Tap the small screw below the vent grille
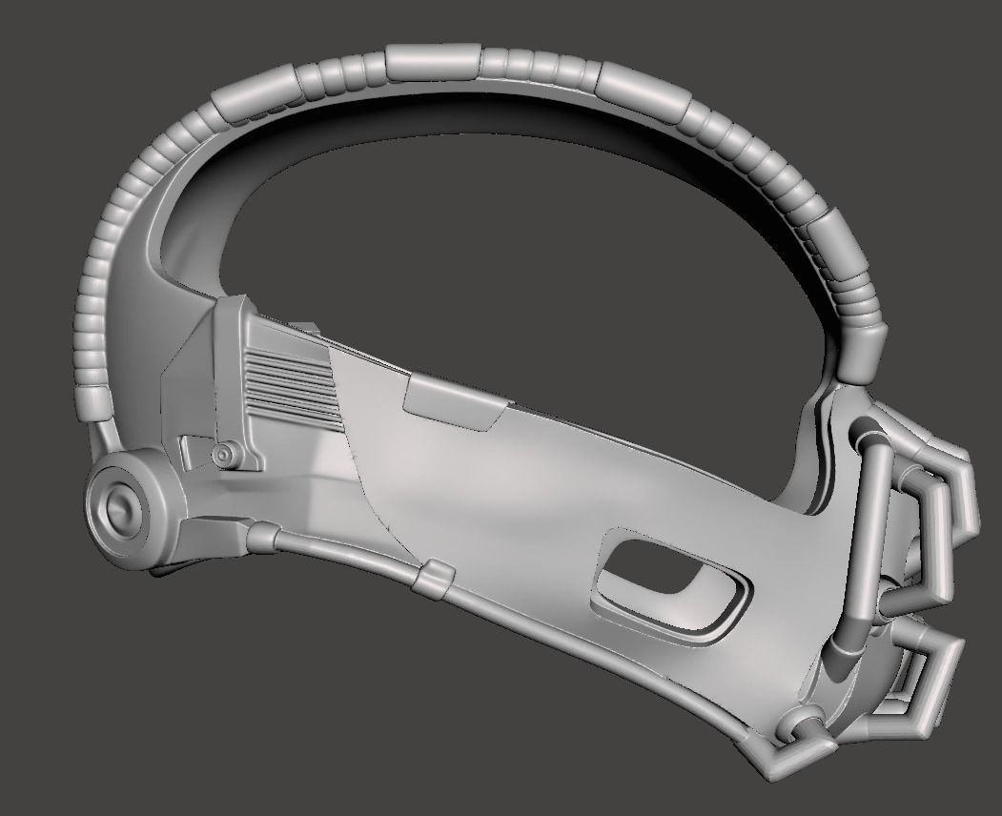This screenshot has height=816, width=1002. tap(225, 453)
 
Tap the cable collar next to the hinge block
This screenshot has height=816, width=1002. tap(257, 540)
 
